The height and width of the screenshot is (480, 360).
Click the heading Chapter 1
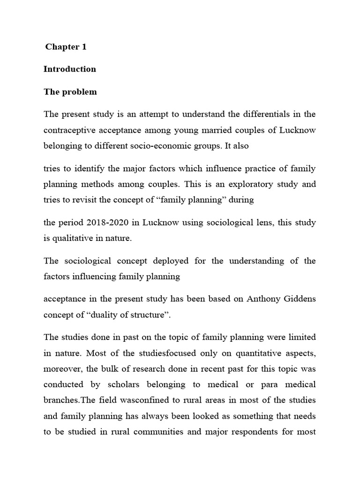(x=66, y=47)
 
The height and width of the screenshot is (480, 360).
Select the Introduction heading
(x=70, y=69)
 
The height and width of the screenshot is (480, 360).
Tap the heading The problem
(x=70, y=92)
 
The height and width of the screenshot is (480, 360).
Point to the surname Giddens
(x=299, y=299)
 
